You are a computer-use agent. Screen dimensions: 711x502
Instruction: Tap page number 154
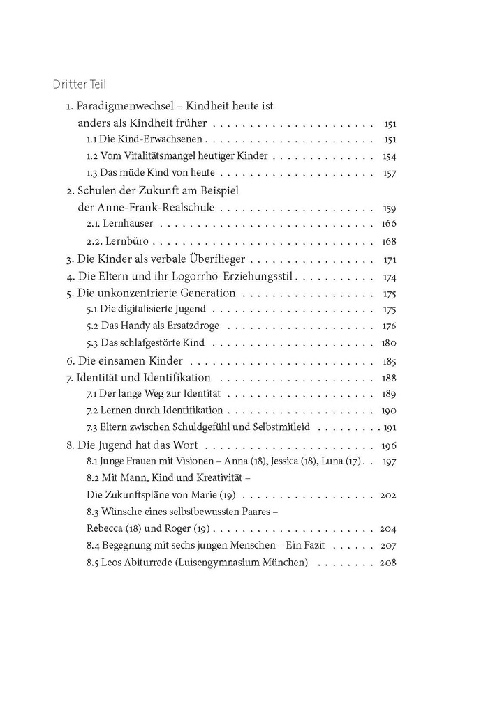[390, 156]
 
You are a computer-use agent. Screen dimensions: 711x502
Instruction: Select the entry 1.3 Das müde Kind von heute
[150, 173]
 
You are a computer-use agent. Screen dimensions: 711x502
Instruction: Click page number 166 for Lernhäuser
[389, 224]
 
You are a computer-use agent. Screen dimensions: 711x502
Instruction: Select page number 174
[390, 276]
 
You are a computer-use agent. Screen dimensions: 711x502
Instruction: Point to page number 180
[389, 343]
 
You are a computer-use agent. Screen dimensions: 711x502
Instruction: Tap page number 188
[389, 378]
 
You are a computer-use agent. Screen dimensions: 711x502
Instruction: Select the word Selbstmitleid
[289, 428]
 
